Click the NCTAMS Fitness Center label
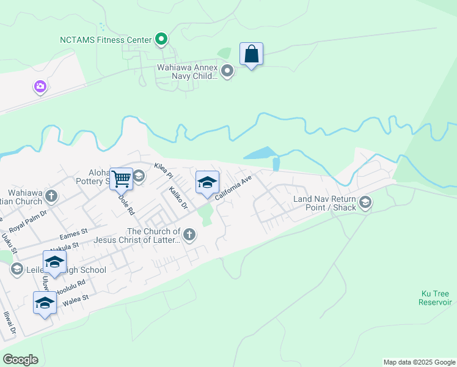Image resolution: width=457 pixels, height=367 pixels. click(x=105, y=40)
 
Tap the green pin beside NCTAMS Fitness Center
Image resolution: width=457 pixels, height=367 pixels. click(x=161, y=40)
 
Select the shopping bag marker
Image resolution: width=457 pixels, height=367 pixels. click(x=251, y=54)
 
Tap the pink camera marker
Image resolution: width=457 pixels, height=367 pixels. click(x=40, y=87)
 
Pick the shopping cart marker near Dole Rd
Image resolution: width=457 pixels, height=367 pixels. click(x=122, y=179)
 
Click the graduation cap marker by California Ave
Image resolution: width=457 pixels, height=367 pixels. click(x=207, y=182)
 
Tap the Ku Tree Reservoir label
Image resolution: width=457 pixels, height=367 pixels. click(x=435, y=298)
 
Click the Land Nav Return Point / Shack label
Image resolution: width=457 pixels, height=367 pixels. click(x=324, y=204)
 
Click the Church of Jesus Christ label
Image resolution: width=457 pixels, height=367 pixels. click(x=153, y=235)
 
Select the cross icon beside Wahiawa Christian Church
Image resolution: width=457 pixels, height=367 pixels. click(x=51, y=197)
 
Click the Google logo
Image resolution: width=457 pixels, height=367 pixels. click(x=20, y=359)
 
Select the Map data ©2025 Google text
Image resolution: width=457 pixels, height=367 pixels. click(x=419, y=362)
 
